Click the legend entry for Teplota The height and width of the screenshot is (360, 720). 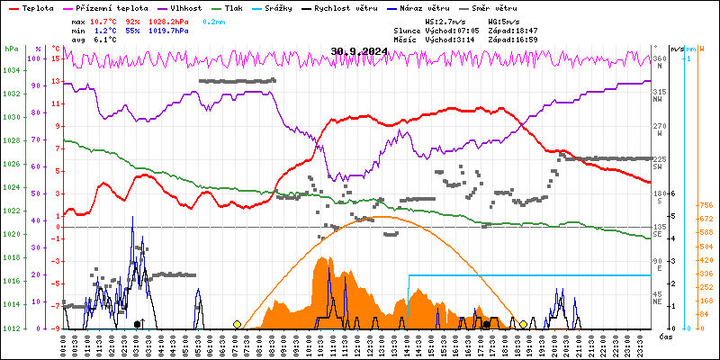tap(37, 7)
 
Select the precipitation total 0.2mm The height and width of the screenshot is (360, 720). tap(214, 20)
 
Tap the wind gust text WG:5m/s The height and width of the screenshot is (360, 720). tap(503, 20)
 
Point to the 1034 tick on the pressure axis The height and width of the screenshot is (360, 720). tap(11, 70)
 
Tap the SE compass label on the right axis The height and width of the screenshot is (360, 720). tap(659, 235)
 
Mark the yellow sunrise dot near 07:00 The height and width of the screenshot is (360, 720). tap(237, 324)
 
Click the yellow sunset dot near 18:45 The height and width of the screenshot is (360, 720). tap(524, 324)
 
